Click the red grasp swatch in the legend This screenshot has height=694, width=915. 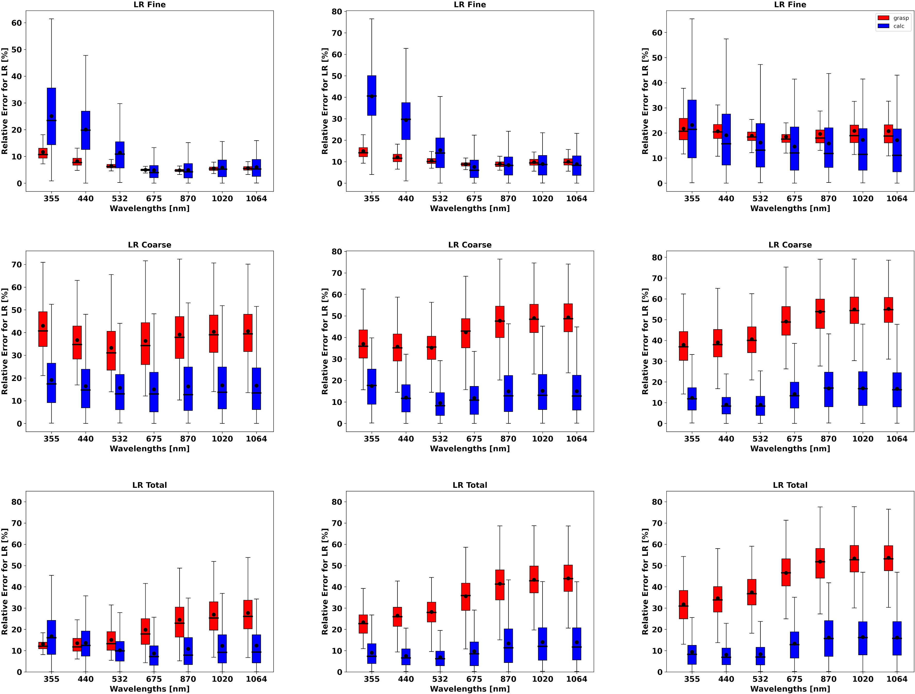[x=883, y=18]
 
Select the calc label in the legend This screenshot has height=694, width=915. [x=899, y=26]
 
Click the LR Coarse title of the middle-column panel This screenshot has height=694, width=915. [x=470, y=245]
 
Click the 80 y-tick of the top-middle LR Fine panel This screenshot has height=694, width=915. [x=337, y=12]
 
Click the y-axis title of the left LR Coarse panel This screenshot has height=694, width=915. [x=5, y=341]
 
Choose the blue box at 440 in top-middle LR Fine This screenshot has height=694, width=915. [x=406, y=121]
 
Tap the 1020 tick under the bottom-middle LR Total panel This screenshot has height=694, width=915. [x=542, y=679]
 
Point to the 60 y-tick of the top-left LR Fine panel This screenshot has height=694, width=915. [x=16, y=23]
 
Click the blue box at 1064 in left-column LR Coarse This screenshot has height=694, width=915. [x=257, y=388]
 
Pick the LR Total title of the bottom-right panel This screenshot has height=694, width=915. [x=790, y=485]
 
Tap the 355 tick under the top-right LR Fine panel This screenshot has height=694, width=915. [x=692, y=199]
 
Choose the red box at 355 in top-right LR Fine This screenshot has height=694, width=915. [x=683, y=129]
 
